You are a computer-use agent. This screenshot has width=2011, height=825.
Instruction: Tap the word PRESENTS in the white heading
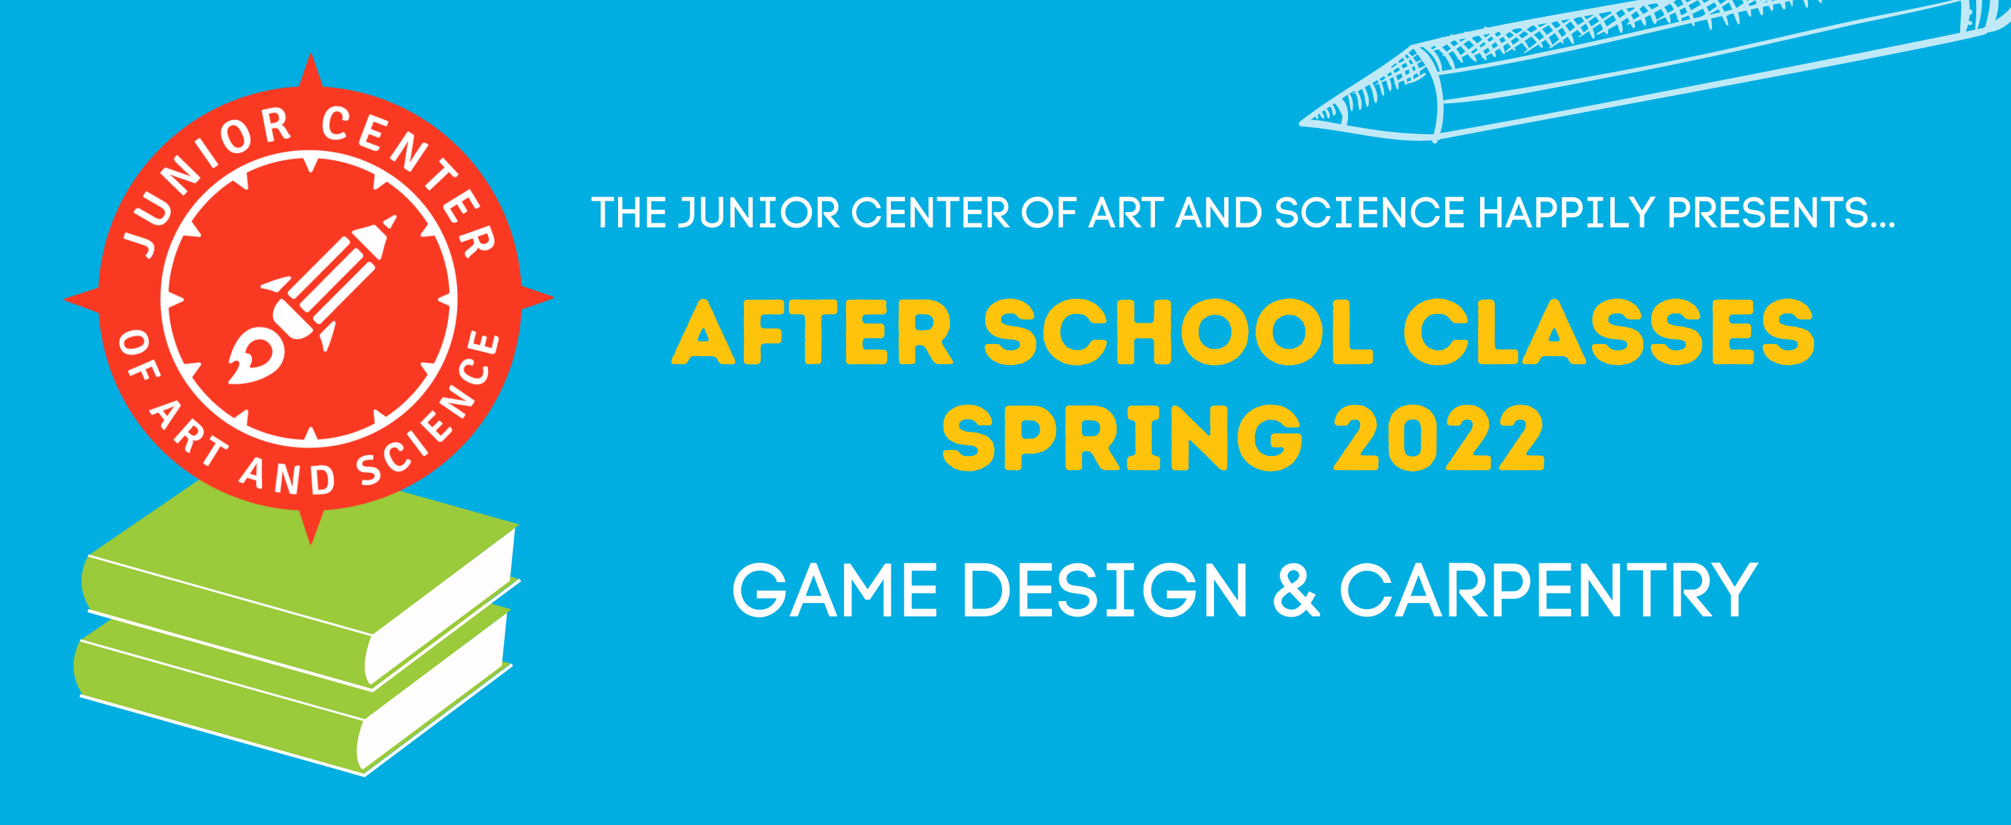(x=1768, y=213)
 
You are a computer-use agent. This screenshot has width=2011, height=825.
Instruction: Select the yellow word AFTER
(x=812, y=332)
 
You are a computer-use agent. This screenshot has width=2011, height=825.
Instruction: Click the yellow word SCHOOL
(x=1178, y=332)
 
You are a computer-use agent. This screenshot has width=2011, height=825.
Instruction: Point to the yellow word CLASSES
(x=1609, y=332)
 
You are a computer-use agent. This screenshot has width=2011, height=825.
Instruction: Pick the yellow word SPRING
(x=1123, y=438)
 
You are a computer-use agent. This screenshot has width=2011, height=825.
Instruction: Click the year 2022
(x=1439, y=438)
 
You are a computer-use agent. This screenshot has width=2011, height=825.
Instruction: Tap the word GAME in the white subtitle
(x=835, y=591)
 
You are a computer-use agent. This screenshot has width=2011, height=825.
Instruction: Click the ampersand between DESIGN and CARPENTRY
(x=1296, y=591)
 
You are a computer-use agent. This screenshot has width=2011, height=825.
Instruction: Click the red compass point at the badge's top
(x=312, y=74)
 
